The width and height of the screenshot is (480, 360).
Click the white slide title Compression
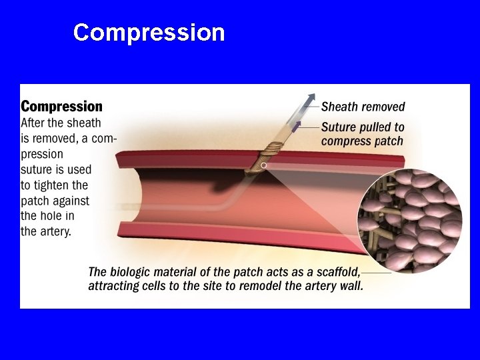click(x=149, y=33)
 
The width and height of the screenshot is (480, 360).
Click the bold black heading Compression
click(x=62, y=107)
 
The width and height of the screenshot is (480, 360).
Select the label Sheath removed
click(x=363, y=107)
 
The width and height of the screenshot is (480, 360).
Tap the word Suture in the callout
click(x=339, y=127)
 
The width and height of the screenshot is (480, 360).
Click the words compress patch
click(x=362, y=141)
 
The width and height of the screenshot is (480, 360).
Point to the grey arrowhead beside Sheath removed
click(x=311, y=99)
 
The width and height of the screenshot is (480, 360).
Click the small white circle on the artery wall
click(x=264, y=165)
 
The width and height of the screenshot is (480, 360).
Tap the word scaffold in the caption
click(x=337, y=272)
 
